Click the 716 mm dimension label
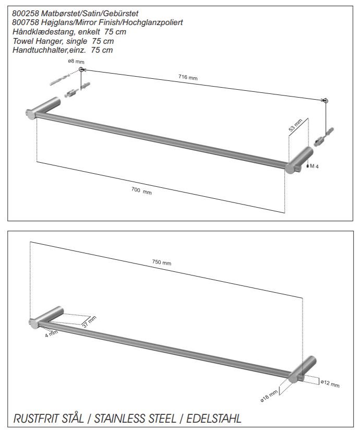pos(188,77)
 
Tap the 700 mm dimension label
pos(141,191)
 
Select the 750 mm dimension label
pos(162,262)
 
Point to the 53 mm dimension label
pos(296,125)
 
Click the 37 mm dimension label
pos(89,322)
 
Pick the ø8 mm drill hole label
pos(76,61)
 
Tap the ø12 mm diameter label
pos(330,383)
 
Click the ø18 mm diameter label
pos(269,397)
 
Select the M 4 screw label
pos(314,166)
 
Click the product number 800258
pos(26,13)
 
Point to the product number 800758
pos(26,22)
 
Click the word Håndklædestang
pos(43,32)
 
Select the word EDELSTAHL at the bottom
pos(214,418)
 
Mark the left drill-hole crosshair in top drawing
pos(81,69)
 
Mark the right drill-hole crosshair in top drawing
pos(326,101)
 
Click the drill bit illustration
pos(60,79)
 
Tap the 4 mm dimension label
pos(51,334)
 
